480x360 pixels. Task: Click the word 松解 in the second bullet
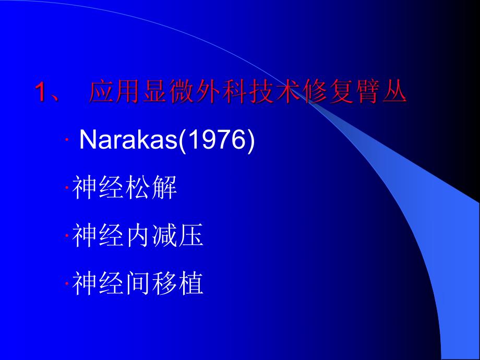tap(151, 189)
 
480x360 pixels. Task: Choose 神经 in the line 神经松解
tap(99, 189)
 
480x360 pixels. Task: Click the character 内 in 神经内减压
tap(138, 237)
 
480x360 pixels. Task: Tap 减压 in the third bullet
tap(177, 237)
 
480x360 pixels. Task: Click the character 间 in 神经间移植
tap(138, 284)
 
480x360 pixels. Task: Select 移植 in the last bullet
tap(177, 284)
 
